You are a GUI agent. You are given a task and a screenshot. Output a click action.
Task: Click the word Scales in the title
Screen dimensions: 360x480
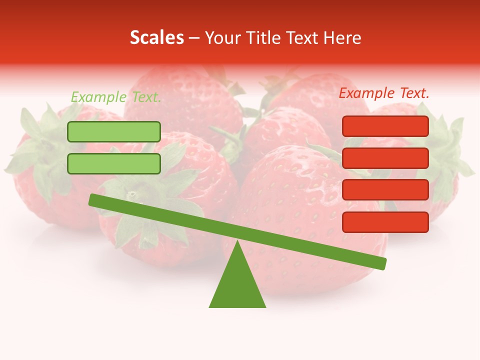click(x=157, y=37)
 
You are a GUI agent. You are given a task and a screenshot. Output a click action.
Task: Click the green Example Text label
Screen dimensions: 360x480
click(x=116, y=97)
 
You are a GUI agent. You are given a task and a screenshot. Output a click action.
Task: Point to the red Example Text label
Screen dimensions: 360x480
click(x=384, y=93)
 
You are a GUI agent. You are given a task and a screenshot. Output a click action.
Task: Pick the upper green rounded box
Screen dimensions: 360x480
click(x=114, y=131)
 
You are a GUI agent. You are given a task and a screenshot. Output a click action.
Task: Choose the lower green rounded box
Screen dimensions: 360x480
click(x=114, y=163)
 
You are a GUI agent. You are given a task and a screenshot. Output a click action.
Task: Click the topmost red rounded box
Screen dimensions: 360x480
click(x=385, y=126)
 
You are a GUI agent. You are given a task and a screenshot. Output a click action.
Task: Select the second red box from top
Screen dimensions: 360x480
click(x=385, y=158)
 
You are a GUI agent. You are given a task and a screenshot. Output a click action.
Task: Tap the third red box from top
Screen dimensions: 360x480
click(x=385, y=190)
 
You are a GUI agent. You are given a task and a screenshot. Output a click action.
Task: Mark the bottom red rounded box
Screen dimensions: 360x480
click(x=385, y=222)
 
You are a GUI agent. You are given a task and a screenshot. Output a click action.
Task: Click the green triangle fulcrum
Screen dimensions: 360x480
click(x=237, y=285)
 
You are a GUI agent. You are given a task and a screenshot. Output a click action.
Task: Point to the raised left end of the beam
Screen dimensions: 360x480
click(x=93, y=200)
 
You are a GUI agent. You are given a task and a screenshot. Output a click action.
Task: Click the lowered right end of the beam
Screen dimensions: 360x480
click(x=382, y=263)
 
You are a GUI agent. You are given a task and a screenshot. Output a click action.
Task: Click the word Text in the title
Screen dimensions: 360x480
click(x=305, y=38)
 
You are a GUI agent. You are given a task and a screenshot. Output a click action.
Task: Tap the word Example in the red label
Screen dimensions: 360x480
click(x=366, y=93)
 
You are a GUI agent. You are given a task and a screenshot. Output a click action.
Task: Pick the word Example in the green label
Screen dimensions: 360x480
click(x=98, y=97)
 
